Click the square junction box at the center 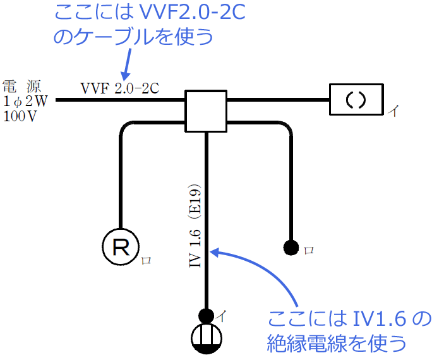pos(205,111)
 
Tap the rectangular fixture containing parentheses pos(356,100)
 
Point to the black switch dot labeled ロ pos(291,247)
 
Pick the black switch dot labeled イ pos(206,315)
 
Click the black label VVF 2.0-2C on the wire pos(119,88)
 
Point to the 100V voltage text pos(20,116)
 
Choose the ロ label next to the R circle pos(146,260)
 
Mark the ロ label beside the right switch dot pos(309,250)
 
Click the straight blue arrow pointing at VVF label pos(127,64)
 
